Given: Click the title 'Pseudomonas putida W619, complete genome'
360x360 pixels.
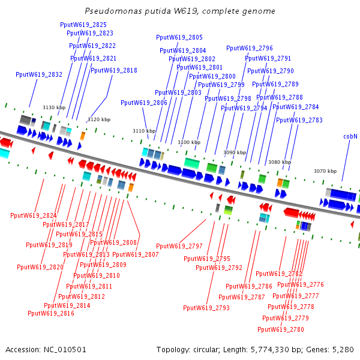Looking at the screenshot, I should coord(180,11).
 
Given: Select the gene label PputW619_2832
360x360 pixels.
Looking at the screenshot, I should coord(39,74).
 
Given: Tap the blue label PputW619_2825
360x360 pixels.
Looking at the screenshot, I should coord(83,25).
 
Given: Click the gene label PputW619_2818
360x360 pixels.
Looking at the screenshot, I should coord(113,70).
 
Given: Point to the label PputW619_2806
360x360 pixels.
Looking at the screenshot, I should coord(144,103).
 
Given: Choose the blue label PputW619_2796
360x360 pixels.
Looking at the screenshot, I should coord(250,48).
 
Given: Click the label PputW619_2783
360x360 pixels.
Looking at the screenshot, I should coord(299,120).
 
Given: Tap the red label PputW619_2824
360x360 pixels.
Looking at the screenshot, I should coord(34,215).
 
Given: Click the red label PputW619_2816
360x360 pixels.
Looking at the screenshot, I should coord(51,313).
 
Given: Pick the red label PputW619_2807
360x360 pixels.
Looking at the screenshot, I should coord(136,254).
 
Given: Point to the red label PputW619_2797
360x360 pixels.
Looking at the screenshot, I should coord(179,246).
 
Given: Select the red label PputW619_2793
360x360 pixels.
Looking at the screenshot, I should coord(206,308).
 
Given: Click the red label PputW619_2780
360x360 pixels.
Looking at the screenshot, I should coord(281,329).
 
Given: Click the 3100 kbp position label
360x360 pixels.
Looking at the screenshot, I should coord(188,142).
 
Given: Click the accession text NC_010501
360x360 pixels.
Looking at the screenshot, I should coord(46,349).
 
